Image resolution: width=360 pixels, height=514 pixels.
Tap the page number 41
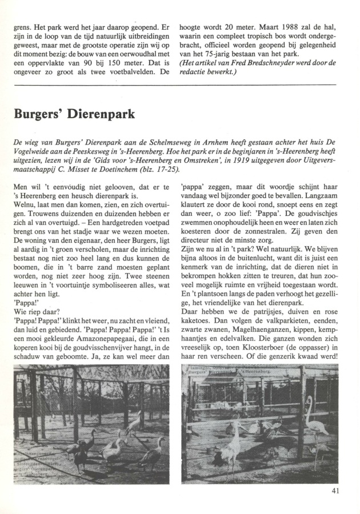pos(335,489)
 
